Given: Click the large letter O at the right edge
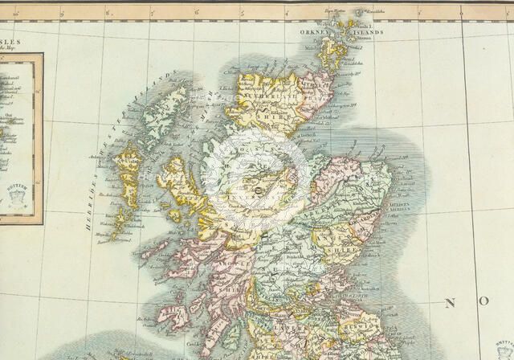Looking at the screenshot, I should click(484, 301).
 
